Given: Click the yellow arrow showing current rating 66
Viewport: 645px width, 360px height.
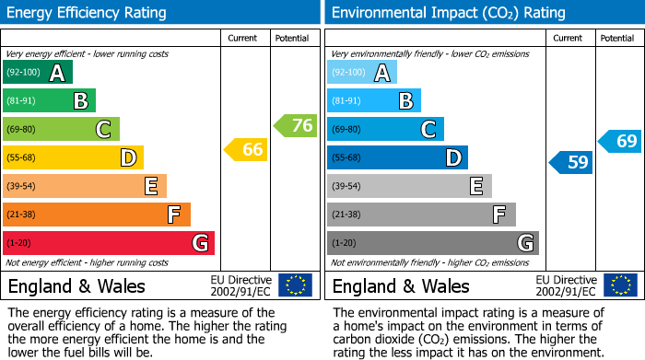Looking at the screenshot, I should click(x=246, y=149).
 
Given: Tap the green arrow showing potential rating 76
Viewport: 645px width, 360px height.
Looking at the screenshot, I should click(x=295, y=125).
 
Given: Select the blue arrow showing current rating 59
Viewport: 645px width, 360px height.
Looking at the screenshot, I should click(x=570, y=163).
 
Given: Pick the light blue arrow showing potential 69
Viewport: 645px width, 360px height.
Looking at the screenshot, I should click(x=619, y=142).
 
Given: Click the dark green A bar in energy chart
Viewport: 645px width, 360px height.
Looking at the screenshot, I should click(x=37, y=73).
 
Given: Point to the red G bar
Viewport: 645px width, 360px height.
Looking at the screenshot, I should click(x=108, y=243).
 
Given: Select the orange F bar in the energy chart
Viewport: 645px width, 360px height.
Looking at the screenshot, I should click(x=96, y=215).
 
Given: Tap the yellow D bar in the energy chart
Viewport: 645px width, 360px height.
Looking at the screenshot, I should click(x=73, y=157).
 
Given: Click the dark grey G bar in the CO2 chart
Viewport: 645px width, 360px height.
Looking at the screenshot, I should click(x=432, y=243).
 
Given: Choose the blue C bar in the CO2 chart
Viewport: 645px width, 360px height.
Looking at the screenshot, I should click(x=385, y=129).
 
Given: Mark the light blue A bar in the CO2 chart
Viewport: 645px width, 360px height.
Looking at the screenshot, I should click(x=361, y=73).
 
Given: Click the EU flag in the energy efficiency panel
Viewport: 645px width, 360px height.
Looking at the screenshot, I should click(x=295, y=285).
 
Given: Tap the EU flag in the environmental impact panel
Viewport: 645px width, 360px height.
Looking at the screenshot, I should click(x=619, y=285).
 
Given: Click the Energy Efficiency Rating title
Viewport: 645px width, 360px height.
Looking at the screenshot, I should click(x=88, y=13).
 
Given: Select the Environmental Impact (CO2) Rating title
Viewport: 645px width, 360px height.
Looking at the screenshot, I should click(x=448, y=13).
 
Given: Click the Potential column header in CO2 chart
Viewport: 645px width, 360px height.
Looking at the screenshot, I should click(x=616, y=38).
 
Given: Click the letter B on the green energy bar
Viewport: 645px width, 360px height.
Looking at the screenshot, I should click(x=80, y=101).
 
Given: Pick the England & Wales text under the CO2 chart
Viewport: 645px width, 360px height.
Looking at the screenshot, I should click(x=400, y=286).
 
